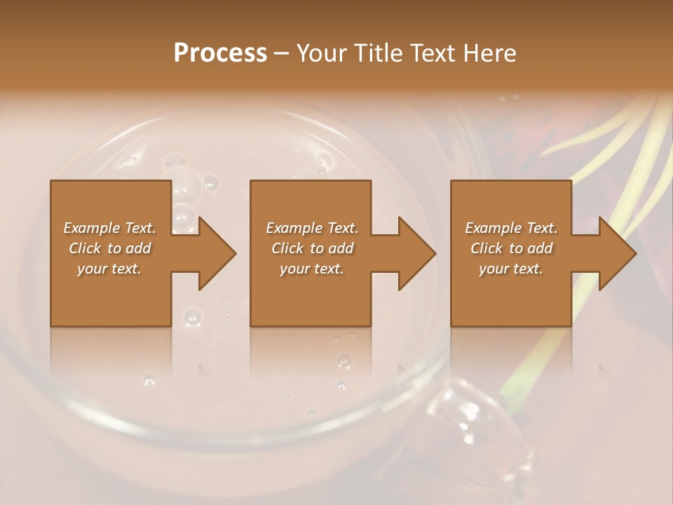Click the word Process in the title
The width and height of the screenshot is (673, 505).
click(x=220, y=53)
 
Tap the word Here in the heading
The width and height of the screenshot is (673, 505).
click(x=489, y=53)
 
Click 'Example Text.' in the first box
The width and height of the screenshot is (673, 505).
click(x=110, y=228)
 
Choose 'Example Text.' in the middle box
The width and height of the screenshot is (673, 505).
click(x=312, y=228)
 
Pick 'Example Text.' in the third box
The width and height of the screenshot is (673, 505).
click(x=511, y=228)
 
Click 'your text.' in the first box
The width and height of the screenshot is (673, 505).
click(x=109, y=269)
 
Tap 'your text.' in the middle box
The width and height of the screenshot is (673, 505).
click(x=312, y=269)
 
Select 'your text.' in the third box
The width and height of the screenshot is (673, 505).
click(x=511, y=269)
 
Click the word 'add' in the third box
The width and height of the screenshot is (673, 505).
click(x=540, y=248)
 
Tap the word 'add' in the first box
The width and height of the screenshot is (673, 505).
click(x=138, y=248)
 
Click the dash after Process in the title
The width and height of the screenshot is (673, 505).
click(x=282, y=53)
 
